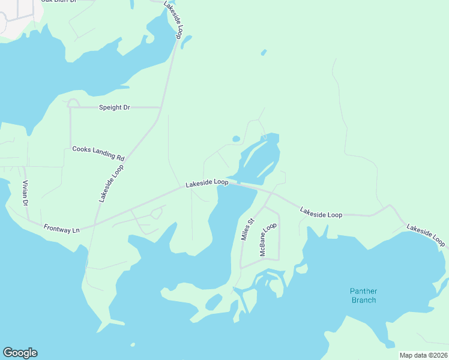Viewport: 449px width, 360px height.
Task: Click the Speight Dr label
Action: [114, 107]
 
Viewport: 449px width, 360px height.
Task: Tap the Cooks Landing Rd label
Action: [98, 153]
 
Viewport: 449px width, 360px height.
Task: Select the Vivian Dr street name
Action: [26, 194]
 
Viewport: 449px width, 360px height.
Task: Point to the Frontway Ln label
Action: [61, 228]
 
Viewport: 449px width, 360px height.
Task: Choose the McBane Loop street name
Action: [268, 240]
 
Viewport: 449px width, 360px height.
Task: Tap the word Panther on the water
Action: [364, 291]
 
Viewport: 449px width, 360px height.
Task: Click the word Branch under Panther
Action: [364, 299]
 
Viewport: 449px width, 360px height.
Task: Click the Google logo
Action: [20, 353]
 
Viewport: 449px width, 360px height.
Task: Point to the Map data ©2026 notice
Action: [423, 355]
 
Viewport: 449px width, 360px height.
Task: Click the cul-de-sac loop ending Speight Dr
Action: [73, 103]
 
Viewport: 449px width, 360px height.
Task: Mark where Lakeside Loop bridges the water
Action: [240, 184]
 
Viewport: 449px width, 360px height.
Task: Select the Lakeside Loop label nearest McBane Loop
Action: [321, 213]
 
